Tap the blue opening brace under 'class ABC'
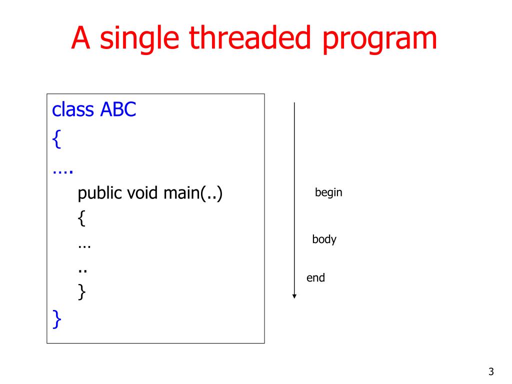(x=56, y=140)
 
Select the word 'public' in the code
(x=100, y=193)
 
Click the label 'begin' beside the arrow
(x=328, y=192)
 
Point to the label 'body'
(x=324, y=239)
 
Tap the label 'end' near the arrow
(x=315, y=278)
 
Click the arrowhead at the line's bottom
(x=294, y=296)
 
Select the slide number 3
(x=491, y=371)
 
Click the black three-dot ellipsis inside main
(x=84, y=246)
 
